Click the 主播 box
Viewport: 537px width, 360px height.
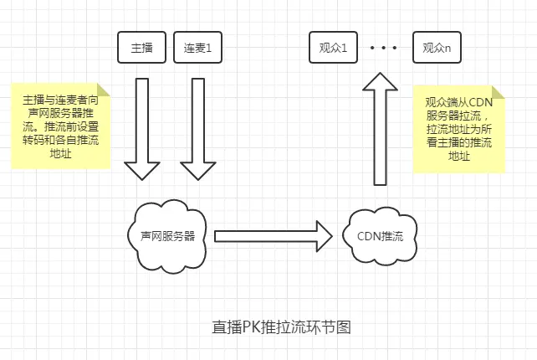tap(142, 48)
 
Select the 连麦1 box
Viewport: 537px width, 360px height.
tap(198, 48)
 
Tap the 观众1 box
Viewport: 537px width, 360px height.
tap(333, 48)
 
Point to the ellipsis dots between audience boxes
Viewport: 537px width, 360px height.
tap(384, 49)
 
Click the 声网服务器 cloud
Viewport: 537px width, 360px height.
tap(167, 235)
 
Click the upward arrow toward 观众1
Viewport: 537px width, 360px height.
tap(380, 126)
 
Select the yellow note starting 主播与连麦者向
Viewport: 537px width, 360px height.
tap(61, 126)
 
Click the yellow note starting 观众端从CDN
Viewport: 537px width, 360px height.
tap(458, 129)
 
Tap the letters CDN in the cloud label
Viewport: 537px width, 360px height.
tap(370, 237)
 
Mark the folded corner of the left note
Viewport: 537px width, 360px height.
tap(104, 88)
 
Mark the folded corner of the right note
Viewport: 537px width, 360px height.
tap(499, 91)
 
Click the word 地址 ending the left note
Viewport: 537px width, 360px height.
tap(61, 154)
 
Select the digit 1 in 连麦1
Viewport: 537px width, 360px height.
tap(209, 49)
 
